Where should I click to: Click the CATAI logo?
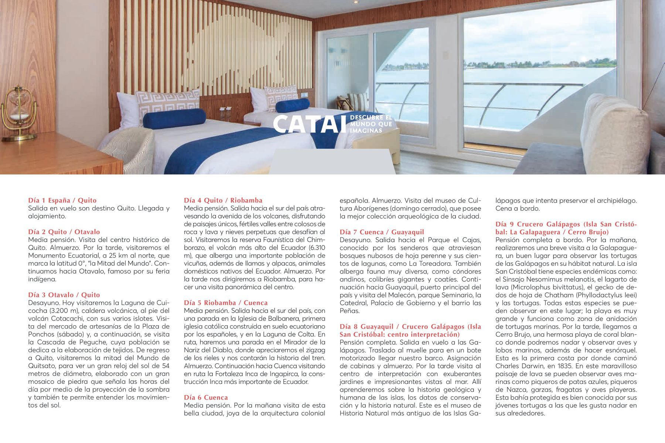click(310, 124)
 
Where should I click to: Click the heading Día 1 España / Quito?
click(62, 200)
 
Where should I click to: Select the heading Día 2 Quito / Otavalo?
click(64, 232)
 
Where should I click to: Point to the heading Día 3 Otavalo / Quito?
click(64, 295)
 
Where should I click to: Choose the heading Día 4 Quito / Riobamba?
click(223, 200)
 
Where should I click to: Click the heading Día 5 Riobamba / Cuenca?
click(226, 303)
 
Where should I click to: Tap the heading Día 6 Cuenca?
click(206, 397)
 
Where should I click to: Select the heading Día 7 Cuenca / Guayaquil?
click(382, 232)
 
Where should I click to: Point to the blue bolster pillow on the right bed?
click(293, 105)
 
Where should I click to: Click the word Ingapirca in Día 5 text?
click(284, 374)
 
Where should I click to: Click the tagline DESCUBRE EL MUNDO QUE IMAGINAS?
click(371, 124)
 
